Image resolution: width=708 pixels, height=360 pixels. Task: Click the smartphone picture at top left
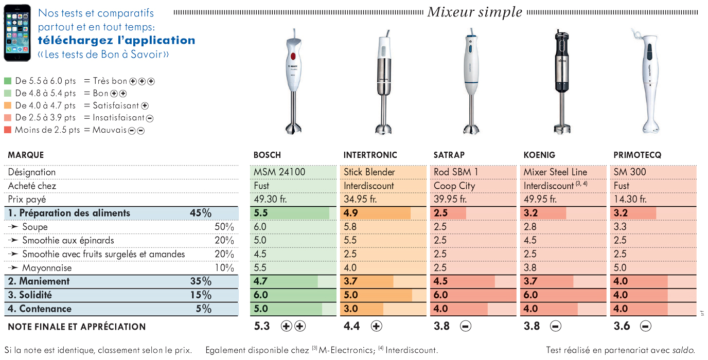[x=17, y=33]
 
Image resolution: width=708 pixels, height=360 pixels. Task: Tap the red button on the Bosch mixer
[x=293, y=56]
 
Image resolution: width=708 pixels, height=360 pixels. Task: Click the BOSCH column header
[x=267, y=155]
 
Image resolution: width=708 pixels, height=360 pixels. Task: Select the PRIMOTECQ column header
[x=637, y=155]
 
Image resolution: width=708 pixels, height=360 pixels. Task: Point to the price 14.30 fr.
[x=630, y=199]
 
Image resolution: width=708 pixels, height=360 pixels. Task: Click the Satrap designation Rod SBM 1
[x=455, y=172]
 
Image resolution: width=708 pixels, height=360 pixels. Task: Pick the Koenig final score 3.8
[x=532, y=326]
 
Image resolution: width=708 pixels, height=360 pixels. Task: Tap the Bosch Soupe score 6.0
[x=260, y=227]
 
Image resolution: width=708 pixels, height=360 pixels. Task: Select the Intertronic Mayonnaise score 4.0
[x=350, y=268]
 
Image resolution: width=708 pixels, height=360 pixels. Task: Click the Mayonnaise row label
[x=47, y=268]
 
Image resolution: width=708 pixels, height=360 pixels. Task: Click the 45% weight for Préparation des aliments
[x=201, y=213]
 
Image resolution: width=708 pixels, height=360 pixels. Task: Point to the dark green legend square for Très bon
[x=8, y=81]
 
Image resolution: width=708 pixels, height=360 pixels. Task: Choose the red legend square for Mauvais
[x=8, y=130]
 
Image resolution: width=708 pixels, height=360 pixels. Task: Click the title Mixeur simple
[x=475, y=12]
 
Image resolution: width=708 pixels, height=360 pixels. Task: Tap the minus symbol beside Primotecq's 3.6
[x=645, y=326]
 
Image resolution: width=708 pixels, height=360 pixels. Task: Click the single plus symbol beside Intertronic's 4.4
[x=376, y=326]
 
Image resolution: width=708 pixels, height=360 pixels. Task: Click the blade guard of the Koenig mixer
[x=562, y=129]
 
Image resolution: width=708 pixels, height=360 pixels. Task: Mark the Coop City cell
[x=454, y=186]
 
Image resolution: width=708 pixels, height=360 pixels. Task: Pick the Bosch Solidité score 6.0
[x=261, y=295]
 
